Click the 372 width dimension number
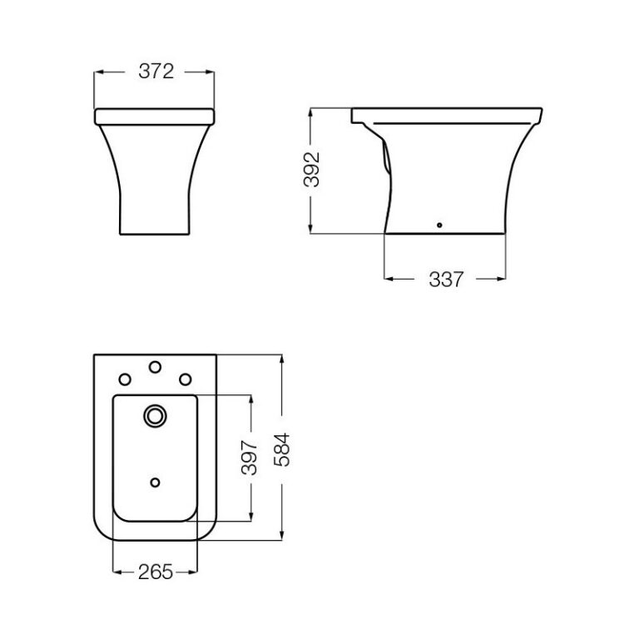click(155, 72)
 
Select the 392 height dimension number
click(311, 171)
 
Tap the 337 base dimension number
click(445, 280)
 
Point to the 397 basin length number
click(249, 458)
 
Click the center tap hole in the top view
click(155, 366)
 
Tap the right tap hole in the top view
click(185, 379)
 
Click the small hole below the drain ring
click(155, 482)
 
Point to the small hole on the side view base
click(440, 225)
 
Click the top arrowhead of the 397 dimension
click(249, 399)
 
